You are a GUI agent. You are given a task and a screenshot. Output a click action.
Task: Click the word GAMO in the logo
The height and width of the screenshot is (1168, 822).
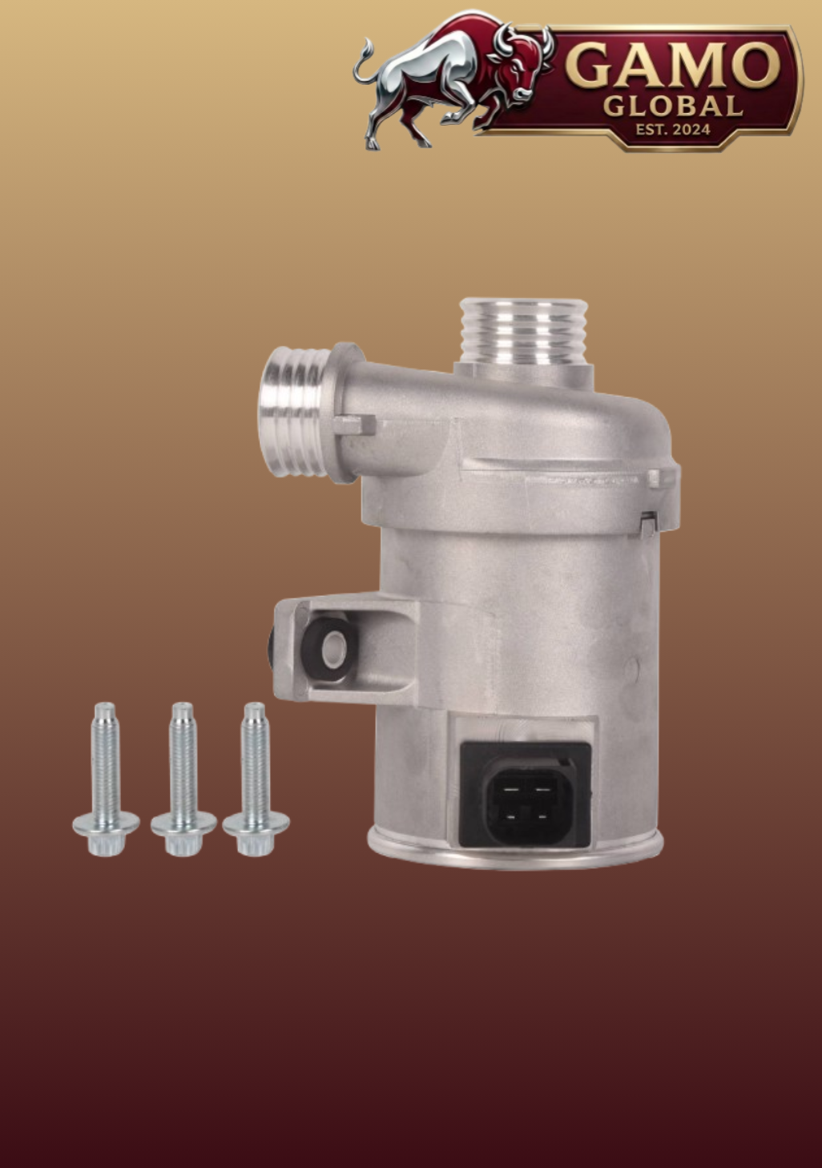(x=673, y=65)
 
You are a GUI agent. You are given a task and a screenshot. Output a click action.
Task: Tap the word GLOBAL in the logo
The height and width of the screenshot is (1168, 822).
(x=673, y=106)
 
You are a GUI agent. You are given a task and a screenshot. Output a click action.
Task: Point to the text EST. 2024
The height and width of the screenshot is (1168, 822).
(x=673, y=129)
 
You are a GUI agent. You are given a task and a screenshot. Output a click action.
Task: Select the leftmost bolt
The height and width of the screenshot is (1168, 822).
(x=106, y=779)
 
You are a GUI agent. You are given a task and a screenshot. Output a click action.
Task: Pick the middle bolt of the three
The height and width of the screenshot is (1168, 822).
(x=183, y=779)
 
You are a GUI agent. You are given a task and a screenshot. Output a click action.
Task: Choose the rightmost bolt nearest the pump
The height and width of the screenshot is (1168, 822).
(x=255, y=779)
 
